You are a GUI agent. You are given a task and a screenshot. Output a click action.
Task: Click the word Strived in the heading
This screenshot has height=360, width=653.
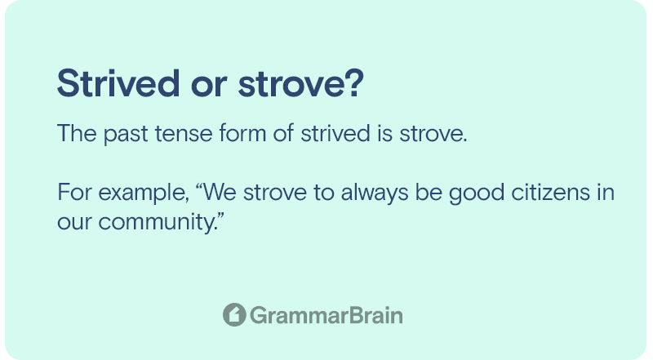click(x=118, y=83)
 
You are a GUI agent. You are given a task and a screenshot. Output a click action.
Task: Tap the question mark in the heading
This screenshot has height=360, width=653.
click(x=354, y=83)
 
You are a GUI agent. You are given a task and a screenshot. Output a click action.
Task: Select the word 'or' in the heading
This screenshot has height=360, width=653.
click(x=209, y=87)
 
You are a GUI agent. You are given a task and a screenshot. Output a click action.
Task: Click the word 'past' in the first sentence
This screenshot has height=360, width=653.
click(x=126, y=135)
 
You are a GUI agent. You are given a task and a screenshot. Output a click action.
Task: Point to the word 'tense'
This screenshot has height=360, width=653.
click(x=183, y=134)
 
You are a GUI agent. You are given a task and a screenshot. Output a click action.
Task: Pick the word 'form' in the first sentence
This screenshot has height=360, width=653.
click(x=242, y=133)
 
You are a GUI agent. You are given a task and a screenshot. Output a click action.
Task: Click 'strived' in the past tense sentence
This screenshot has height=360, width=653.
click(x=335, y=133)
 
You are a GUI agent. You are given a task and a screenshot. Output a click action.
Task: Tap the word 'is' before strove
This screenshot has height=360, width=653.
click(x=384, y=133)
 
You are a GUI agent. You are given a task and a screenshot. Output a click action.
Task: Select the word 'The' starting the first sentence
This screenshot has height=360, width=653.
click(x=77, y=133)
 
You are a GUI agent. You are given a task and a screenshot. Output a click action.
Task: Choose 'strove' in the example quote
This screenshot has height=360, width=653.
click(x=275, y=192)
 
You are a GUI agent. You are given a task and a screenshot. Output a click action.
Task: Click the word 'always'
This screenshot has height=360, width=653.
click(x=375, y=193)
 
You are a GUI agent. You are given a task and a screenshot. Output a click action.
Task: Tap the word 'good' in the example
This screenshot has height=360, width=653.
click(x=477, y=193)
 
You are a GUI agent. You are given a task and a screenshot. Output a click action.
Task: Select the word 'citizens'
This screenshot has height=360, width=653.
click(x=550, y=192)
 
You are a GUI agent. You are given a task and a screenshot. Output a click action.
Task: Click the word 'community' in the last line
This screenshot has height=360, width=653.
click(x=158, y=222)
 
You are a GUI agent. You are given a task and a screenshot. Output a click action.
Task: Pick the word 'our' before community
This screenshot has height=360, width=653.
click(x=74, y=224)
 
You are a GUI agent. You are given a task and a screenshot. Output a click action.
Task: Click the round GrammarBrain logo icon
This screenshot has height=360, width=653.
click(x=234, y=314)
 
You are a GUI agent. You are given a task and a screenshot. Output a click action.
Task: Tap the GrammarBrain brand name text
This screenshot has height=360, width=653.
click(x=326, y=315)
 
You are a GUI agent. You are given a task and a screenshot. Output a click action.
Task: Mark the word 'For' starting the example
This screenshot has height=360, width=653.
click(x=74, y=192)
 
